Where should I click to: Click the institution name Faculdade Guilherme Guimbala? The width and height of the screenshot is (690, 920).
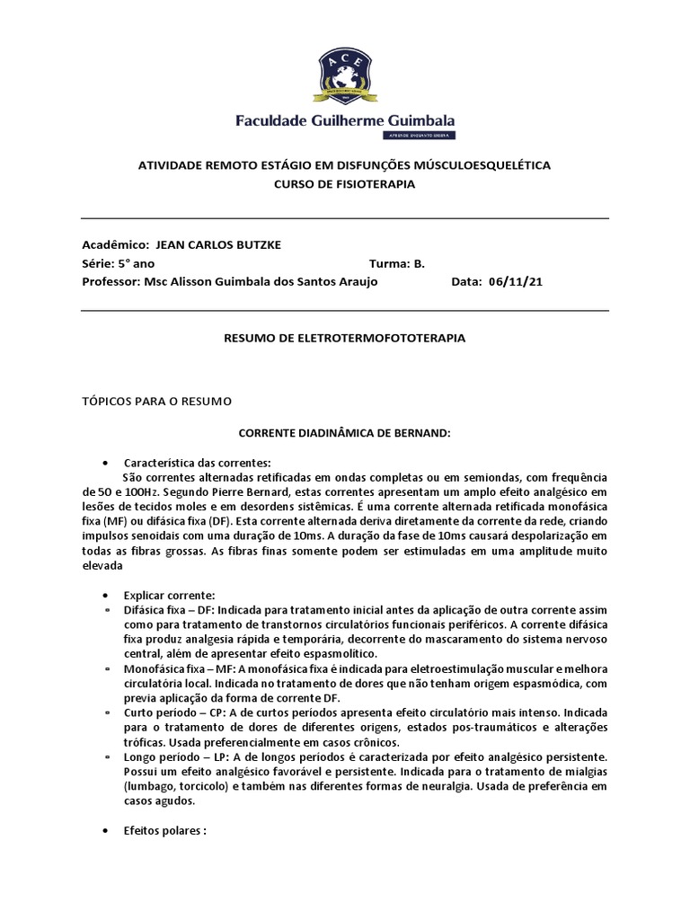tap(344, 120)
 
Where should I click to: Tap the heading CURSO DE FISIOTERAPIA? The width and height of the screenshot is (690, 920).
tap(344, 183)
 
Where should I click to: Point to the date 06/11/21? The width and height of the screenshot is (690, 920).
tap(516, 281)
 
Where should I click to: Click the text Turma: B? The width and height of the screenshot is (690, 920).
tap(396, 263)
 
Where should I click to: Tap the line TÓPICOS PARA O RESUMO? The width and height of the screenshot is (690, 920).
tap(156, 400)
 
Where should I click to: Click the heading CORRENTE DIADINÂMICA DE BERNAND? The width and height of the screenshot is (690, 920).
tap(344, 432)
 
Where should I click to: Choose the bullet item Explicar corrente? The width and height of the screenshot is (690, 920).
tap(170, 596)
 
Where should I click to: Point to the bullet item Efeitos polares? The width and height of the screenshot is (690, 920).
tap(165, 830)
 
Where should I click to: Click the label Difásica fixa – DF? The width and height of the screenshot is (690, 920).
tap(165, 612)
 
